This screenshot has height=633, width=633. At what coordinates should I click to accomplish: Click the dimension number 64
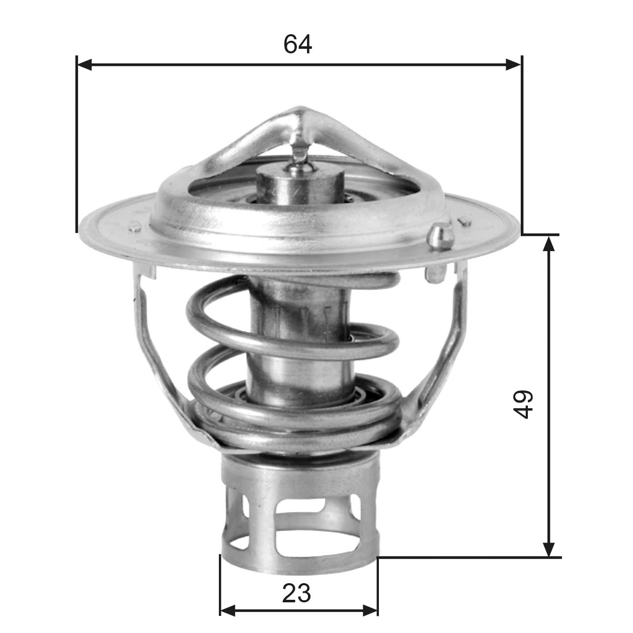pyautogui.click(x=297, y=44)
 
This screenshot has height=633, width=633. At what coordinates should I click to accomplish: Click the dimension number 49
pyautogui.click(x=523, y=404)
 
